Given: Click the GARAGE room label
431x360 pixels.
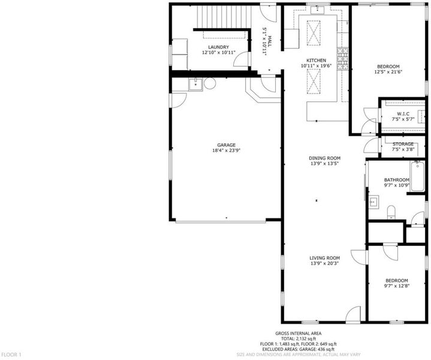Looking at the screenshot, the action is [x=226, y=145].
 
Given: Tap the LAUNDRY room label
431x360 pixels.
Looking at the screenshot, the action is [x=219, y=47].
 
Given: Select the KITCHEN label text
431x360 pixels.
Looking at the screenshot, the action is [x=317, y=60].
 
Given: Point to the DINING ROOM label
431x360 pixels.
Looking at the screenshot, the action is [x=325, y=158].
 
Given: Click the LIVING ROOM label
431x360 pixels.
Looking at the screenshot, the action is [x=325, y=258].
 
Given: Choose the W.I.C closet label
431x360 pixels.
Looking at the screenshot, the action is [x=403, y=113].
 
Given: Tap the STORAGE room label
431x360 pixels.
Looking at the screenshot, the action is [x=403, y=144].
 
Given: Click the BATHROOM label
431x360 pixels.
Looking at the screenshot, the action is [x=397, y=180].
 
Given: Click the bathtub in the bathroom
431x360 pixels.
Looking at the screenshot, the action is [x=418, y=176].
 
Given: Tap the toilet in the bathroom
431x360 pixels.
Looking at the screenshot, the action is [x=391, y=212].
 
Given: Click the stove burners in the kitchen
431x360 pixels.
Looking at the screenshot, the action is [x=343, y=59].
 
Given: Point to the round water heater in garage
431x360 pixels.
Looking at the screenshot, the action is [x=210, y=83].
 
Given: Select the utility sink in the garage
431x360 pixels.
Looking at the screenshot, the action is [x=195, y=84].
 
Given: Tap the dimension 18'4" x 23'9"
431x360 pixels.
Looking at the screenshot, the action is [x=226, y=151].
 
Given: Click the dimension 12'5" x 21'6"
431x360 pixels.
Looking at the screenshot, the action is [x=388, y=72].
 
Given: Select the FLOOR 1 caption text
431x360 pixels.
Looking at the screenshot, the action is [x=11, y=355].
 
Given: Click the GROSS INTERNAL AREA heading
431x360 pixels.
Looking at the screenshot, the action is [x=299, y=334].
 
